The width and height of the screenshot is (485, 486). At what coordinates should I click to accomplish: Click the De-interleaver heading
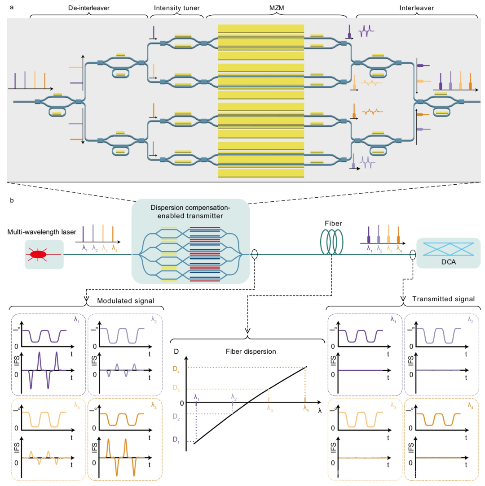tap(88, 8)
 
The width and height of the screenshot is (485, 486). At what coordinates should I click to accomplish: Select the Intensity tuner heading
tap(176, 8)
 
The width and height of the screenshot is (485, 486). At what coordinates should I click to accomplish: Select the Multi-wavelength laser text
tap(38, 232)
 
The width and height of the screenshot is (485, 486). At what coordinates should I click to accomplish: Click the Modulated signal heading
tap(119, 299)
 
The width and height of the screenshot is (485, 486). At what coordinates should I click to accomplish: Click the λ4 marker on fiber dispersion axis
tap(306, 408)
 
